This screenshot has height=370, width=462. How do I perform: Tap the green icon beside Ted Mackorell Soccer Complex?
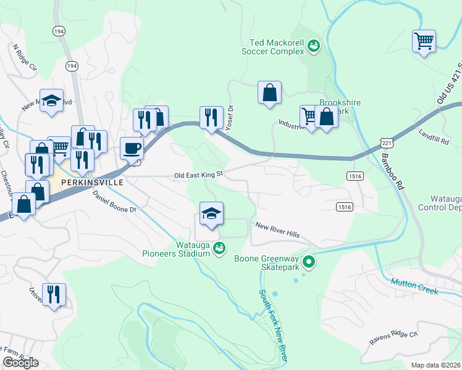tap(314, 44)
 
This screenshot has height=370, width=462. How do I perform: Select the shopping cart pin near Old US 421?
tap(424, 42)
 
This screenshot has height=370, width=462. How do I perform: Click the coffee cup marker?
tap(132, 149)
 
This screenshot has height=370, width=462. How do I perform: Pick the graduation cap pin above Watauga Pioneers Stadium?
tap(211, 214)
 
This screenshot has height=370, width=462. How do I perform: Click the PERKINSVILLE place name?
tap(89, 183)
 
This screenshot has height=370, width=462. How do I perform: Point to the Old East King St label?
tap(198, 175)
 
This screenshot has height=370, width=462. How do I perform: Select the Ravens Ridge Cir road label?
tap(393, 338)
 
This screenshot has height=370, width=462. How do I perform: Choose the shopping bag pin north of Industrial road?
tap(269, 93)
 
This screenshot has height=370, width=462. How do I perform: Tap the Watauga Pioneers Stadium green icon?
tap(218, 249)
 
